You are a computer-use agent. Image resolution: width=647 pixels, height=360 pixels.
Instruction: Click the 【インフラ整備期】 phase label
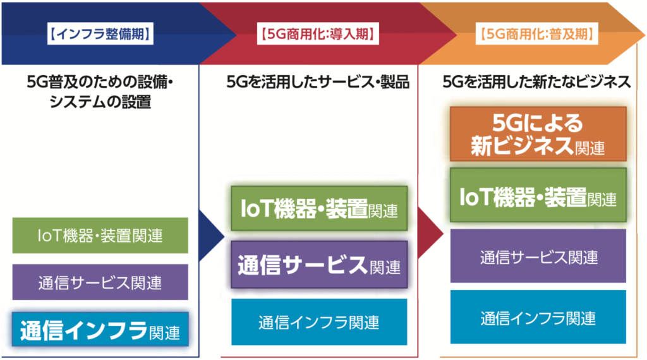[x=100, y=33]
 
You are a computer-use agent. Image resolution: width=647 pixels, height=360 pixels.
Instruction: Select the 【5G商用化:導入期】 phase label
[x=318, y=33]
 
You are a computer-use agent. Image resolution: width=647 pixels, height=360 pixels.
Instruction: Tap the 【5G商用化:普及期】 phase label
[x=537, y=33]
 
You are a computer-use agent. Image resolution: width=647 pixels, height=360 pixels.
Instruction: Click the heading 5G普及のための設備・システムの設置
[x=100, y=92]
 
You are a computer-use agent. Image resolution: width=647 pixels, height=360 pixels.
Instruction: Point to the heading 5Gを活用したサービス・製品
[x=318, y=82]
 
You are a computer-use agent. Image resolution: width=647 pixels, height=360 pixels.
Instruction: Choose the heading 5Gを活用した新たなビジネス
[x=536, y=82]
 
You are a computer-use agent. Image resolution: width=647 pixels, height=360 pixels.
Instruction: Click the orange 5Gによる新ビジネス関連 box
[x=538, y=134]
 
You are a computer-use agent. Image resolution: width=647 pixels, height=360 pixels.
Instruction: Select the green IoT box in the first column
[x=100, y=236]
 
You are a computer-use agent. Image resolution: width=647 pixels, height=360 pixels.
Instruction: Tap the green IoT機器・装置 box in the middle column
[x=319, y=208]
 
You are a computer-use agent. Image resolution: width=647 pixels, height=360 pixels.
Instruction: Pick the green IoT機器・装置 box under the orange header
[x=538, y=195]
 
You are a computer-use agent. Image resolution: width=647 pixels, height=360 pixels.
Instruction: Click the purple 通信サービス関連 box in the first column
[x=100, y=282]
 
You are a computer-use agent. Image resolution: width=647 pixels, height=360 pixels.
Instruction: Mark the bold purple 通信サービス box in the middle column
[x=319, y=265]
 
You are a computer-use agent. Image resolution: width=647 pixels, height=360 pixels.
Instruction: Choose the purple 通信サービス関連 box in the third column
[x=538, y=256]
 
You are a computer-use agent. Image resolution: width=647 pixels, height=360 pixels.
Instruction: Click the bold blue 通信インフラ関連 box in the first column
[x=100, y=330]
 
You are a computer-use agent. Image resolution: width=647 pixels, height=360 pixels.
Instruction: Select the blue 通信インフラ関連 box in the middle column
[x=319, y=322]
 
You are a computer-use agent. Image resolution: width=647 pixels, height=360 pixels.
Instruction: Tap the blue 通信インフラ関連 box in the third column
[x=538, y=316]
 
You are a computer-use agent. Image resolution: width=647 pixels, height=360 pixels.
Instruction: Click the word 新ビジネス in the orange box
[x=522, y=145]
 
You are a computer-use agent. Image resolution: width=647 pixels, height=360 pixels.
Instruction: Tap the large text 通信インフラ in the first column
[x=84, y=330]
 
